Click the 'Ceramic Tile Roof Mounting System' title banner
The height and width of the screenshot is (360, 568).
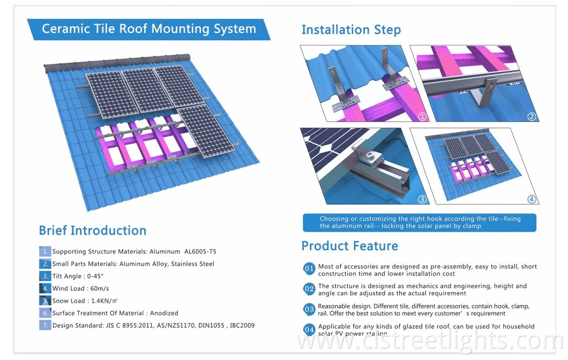click(x=148, y=28)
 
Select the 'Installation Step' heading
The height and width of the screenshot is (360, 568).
click(x=351, y=30)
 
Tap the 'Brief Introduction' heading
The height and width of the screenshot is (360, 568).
click(x=92, y=231)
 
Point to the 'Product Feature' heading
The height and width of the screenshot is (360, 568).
click(x=349, y=246)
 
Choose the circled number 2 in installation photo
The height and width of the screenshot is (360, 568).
click(x=532, y=117)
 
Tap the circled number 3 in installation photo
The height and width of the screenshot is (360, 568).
click(x=422, y=199)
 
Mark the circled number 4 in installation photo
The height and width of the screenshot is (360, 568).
click(x=532, y=199)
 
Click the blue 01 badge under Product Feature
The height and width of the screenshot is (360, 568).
click(x=309, y=268)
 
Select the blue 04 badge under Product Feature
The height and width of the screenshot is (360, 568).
click(x=309, y=328)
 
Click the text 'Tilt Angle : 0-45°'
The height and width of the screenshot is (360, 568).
click(x=78, y=276)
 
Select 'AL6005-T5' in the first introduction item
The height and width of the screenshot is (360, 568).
click(x=200, y=251)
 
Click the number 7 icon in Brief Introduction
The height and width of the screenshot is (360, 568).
click(x=45, y=326)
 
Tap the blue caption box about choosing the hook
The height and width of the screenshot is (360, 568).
click(x=419, y=222)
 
